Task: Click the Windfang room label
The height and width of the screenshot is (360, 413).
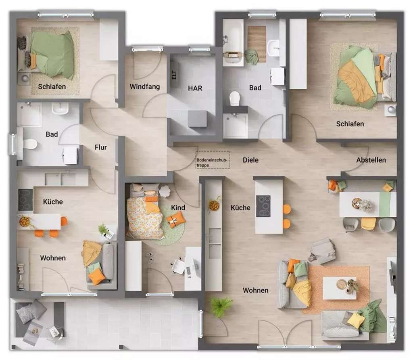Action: coord(145,87)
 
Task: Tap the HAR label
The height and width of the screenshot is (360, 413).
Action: coord(195,88)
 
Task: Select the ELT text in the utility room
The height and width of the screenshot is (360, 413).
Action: coord(174,75)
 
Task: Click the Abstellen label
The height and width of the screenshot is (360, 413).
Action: coord(371,160)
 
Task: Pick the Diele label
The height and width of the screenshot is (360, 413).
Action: coord(250,160)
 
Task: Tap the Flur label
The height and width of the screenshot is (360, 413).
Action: coord(100,147)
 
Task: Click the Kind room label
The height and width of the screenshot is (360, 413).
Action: coord(178,208)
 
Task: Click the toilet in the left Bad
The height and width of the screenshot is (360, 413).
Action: coord(30,144)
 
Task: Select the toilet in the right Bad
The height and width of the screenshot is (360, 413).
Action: coord(234,98)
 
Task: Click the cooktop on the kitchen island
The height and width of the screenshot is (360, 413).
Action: coord(263,206)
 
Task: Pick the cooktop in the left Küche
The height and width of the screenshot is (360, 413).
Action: coord(25,200)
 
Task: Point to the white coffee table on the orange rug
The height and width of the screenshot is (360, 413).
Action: coord(340,288)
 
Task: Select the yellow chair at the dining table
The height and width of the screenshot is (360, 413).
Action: coord(368,224)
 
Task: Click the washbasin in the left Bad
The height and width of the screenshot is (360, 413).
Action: coord(60,108)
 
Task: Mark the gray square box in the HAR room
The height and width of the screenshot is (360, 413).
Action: coord(198,119)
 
